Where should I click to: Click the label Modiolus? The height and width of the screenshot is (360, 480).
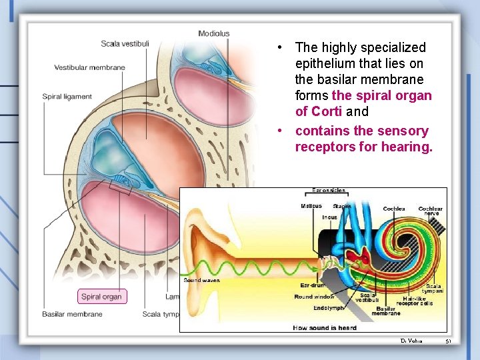213,33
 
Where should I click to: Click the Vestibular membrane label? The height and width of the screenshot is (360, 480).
89,67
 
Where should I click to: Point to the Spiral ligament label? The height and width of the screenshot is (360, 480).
67,97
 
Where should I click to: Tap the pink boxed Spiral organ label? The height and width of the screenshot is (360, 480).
101,297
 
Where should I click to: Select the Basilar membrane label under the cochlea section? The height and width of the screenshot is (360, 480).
72,314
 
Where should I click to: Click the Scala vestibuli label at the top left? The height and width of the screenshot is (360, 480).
125,44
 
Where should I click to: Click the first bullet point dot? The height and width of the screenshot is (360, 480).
282,47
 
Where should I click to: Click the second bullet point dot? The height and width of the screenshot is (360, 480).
282,131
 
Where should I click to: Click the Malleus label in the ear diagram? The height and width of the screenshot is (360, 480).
311,206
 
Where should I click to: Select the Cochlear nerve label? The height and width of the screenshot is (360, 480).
430,211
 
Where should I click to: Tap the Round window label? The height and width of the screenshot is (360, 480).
314,297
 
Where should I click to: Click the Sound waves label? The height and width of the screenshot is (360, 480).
201,281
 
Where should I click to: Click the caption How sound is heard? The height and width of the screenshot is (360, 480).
325,327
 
